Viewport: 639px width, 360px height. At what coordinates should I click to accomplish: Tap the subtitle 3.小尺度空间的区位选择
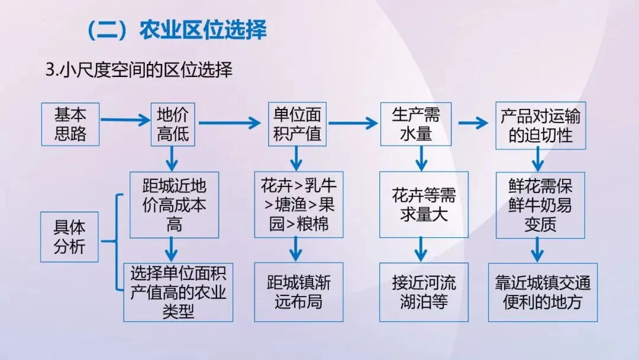138,70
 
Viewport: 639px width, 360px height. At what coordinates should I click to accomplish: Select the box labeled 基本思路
70,124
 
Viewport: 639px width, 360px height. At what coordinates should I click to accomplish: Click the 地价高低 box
173,124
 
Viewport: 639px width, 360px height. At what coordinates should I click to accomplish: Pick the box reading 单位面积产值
297,124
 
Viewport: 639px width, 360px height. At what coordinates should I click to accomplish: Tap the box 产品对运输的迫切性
540,124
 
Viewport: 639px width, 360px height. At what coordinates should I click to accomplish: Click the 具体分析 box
70,237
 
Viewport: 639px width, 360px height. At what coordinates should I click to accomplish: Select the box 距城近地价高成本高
174,205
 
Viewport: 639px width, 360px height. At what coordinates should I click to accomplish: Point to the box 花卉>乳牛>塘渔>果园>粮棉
298,205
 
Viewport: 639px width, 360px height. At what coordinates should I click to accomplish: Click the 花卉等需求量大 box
424,205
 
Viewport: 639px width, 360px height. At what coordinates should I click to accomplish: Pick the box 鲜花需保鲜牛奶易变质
540,205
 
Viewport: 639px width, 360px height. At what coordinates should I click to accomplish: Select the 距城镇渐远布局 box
299,292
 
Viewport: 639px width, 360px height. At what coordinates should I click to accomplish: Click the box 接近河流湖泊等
424,292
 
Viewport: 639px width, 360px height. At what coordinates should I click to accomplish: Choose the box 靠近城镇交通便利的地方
543,292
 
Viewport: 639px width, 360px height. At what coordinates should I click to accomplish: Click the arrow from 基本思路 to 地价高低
125,121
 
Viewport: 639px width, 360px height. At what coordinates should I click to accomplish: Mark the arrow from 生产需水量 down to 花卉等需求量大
421,159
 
